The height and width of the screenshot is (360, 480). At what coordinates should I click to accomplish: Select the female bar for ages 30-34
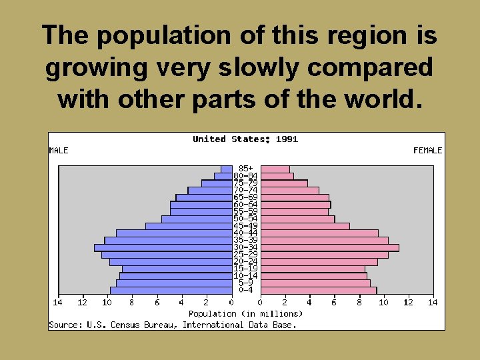(330, 247)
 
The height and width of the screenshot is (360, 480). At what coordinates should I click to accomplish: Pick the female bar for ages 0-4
(319, 290)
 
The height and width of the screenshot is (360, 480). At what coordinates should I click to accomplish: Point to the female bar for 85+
(275, 169)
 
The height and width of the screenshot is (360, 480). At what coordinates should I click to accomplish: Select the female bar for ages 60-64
(295, 205)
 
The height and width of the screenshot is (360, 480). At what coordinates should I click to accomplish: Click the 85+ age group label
(246, 169)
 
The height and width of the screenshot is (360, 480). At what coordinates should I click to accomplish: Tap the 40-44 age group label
(246, 233)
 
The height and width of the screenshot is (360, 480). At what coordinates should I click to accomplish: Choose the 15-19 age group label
(246, 269)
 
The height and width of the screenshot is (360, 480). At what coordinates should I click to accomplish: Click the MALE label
(59, 151)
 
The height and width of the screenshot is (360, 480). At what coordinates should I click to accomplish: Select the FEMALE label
(427, 151)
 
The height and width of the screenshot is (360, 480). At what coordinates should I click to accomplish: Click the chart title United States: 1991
(245, 139)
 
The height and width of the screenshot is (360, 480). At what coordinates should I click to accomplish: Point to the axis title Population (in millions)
(245, 313)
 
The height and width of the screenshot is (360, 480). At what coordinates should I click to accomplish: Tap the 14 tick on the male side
(58, 303)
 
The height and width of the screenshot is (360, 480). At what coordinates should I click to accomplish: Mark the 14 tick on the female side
(433, 303)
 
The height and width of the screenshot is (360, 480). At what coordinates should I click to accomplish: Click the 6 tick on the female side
(335, 303)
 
